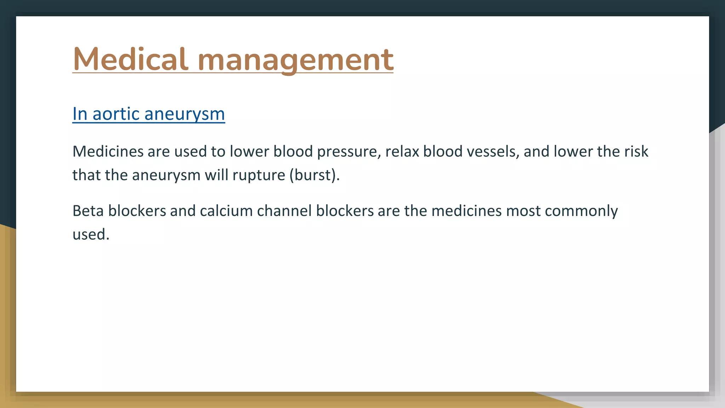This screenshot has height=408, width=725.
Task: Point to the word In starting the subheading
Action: (80, 114)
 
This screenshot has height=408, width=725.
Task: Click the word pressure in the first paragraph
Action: (349, 152)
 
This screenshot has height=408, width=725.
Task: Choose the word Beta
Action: (88, 211)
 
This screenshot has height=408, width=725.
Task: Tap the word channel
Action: (284, 211)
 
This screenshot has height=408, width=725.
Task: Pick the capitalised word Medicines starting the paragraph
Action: (108, 152)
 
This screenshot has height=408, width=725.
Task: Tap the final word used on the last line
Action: (91, 234)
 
